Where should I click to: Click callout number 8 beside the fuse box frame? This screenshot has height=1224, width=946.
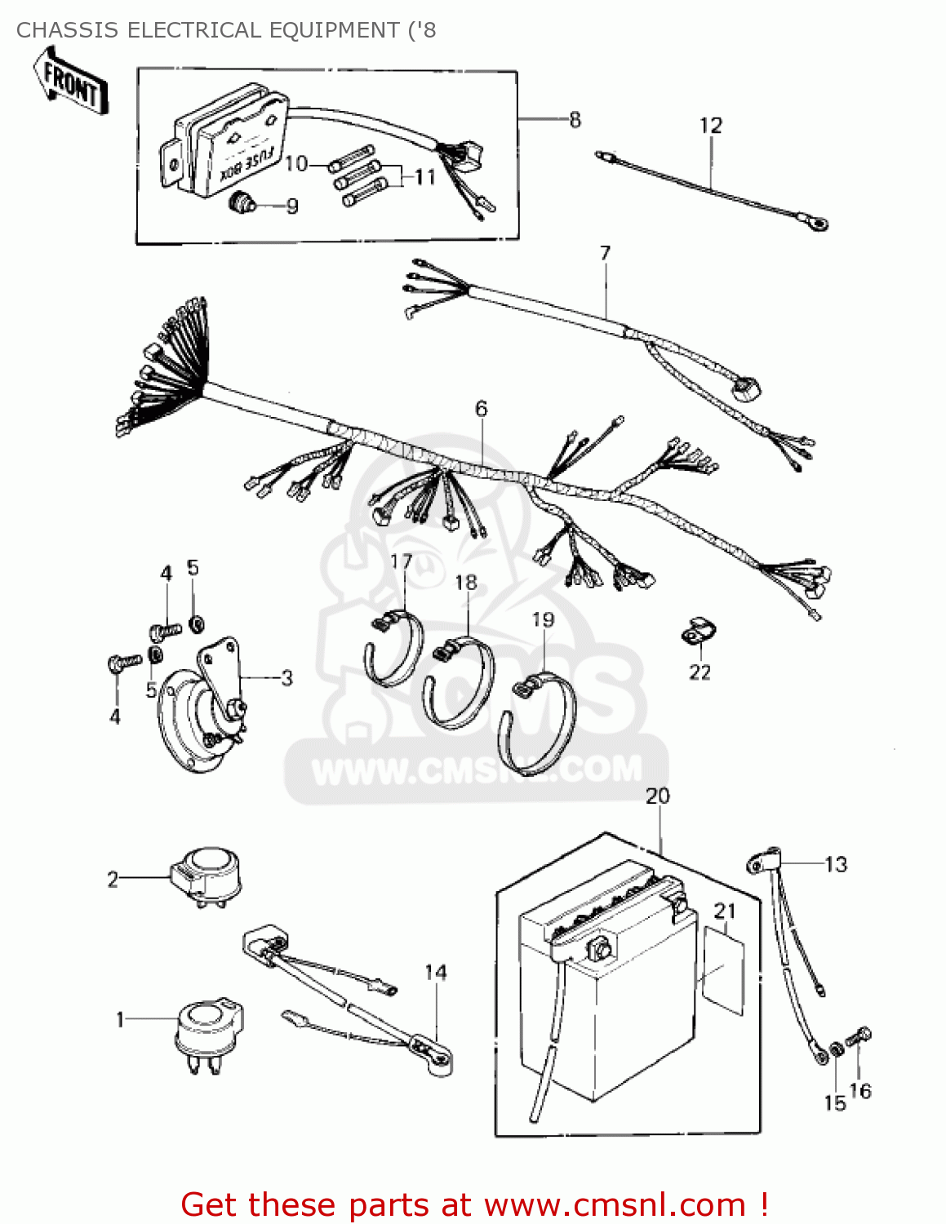pos(575,120)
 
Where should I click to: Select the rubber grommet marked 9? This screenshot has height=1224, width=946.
pos(242,202)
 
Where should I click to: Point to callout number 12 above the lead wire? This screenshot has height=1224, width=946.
pos(710,126)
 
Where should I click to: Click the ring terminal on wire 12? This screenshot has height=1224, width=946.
pos(817,221)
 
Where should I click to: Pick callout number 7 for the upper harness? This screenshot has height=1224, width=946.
pos(605,254)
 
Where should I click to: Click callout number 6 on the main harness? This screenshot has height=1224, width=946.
pos(481,408)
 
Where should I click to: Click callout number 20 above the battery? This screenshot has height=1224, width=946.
pos(657,796)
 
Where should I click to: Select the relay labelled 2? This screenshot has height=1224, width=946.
pos(207,876)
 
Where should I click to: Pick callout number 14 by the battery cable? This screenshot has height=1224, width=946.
pos(435,973)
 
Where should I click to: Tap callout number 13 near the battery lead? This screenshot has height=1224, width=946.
pos(836,864)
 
